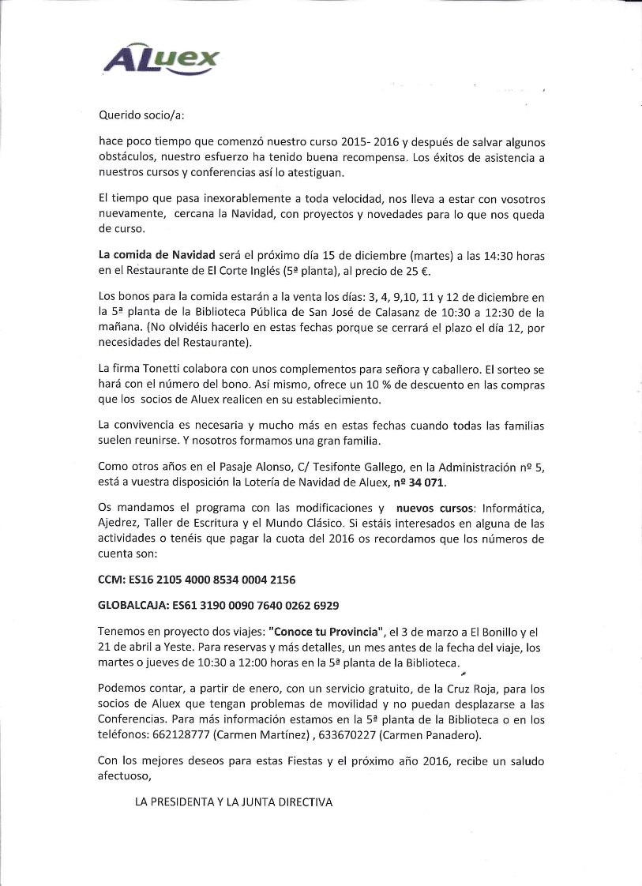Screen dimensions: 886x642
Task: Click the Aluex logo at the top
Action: tap(162, 59)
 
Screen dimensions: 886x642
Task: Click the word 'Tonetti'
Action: tap(156, 369)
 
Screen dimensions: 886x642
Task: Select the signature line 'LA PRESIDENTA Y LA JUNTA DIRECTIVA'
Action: tap(235, 802)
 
